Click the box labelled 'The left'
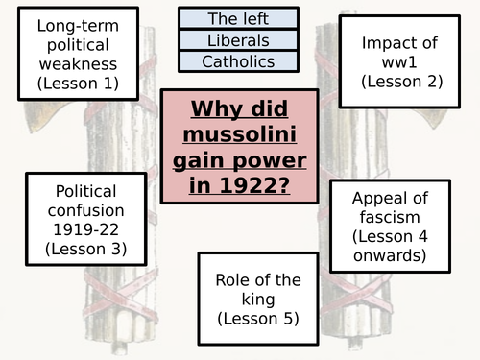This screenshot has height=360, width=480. pos(238,18)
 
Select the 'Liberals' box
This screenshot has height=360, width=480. pos(238,40)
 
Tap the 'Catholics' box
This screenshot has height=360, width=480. pos(238,61)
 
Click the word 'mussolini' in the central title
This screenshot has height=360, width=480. pos(238,132)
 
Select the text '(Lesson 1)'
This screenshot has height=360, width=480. pos(78,84)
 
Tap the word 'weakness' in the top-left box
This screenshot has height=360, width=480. pos(78,64)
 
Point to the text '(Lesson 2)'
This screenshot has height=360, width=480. pos(401,83)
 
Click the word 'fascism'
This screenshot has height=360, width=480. pos(390,217)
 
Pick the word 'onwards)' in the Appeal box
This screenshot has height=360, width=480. pos(390,256)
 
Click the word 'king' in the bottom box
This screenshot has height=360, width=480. pos(257,299)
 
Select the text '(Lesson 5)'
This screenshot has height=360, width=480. pos(257,318)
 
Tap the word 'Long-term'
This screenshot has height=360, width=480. pos(78,25)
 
